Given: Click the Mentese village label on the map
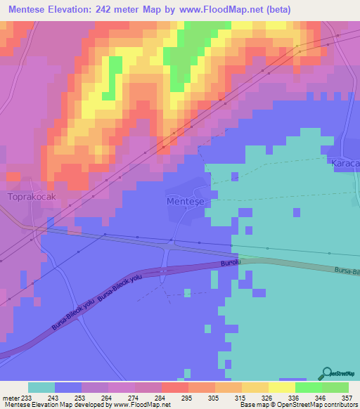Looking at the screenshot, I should click(x=186, y=201).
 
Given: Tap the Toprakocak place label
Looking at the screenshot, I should click(x=30, y=198).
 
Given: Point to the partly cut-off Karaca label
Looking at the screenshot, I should click(x=345, y=163).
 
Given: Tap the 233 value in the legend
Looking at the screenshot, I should click(x=27, y=397).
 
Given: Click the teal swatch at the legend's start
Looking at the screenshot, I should click(x=41, y=387).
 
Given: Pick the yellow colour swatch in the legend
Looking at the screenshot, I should click(x=281, y=387).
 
